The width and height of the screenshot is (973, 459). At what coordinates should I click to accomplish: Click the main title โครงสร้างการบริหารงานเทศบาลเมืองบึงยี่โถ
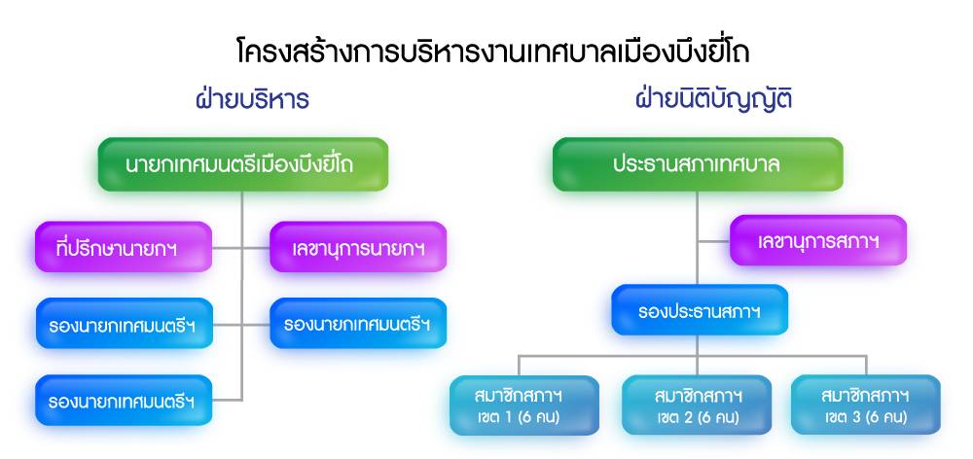coord(492,51)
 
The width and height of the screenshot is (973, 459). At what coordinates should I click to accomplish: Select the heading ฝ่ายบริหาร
coord(253,100)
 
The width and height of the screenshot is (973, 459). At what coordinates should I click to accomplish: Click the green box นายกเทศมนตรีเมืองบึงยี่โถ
coord(242,164)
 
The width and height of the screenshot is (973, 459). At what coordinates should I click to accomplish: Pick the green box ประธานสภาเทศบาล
coord(698,164)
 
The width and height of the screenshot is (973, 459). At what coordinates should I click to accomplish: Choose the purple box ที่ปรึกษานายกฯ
coord(124,247)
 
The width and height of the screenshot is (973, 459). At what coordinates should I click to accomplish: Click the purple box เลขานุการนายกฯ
coord(358,247)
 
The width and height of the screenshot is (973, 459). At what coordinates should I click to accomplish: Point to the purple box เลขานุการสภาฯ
coord(818,240)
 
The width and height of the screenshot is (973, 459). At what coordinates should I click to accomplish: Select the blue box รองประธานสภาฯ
coord(700,309)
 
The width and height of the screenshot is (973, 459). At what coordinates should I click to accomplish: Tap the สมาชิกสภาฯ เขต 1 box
coord(524,406)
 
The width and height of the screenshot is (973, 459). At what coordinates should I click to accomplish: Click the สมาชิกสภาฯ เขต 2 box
coord(697,406)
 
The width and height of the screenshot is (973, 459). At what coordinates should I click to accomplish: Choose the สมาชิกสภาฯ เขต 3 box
coord(866,406)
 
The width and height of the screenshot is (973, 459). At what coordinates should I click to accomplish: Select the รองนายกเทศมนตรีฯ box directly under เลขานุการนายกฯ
coord(358,323)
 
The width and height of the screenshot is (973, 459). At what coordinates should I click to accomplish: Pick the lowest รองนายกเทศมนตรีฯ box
coord(124,401)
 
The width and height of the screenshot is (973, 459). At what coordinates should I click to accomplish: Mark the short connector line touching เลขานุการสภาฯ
coord(713,241)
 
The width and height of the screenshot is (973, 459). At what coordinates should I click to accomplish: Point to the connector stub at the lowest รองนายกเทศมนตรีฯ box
coord(227,400)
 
